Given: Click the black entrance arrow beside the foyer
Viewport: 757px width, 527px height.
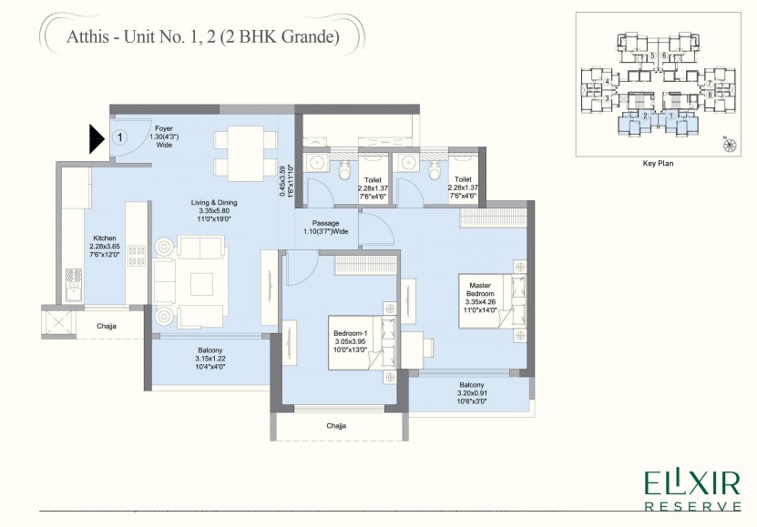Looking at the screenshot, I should click(97, 139).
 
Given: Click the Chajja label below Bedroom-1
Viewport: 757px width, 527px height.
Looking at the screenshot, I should click(337, 425).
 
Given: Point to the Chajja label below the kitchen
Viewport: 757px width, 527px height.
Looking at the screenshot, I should click(107, 324).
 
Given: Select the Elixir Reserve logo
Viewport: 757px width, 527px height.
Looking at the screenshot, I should click(692, 490).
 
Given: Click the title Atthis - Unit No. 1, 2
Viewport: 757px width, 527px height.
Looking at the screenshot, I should click(202, 37).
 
